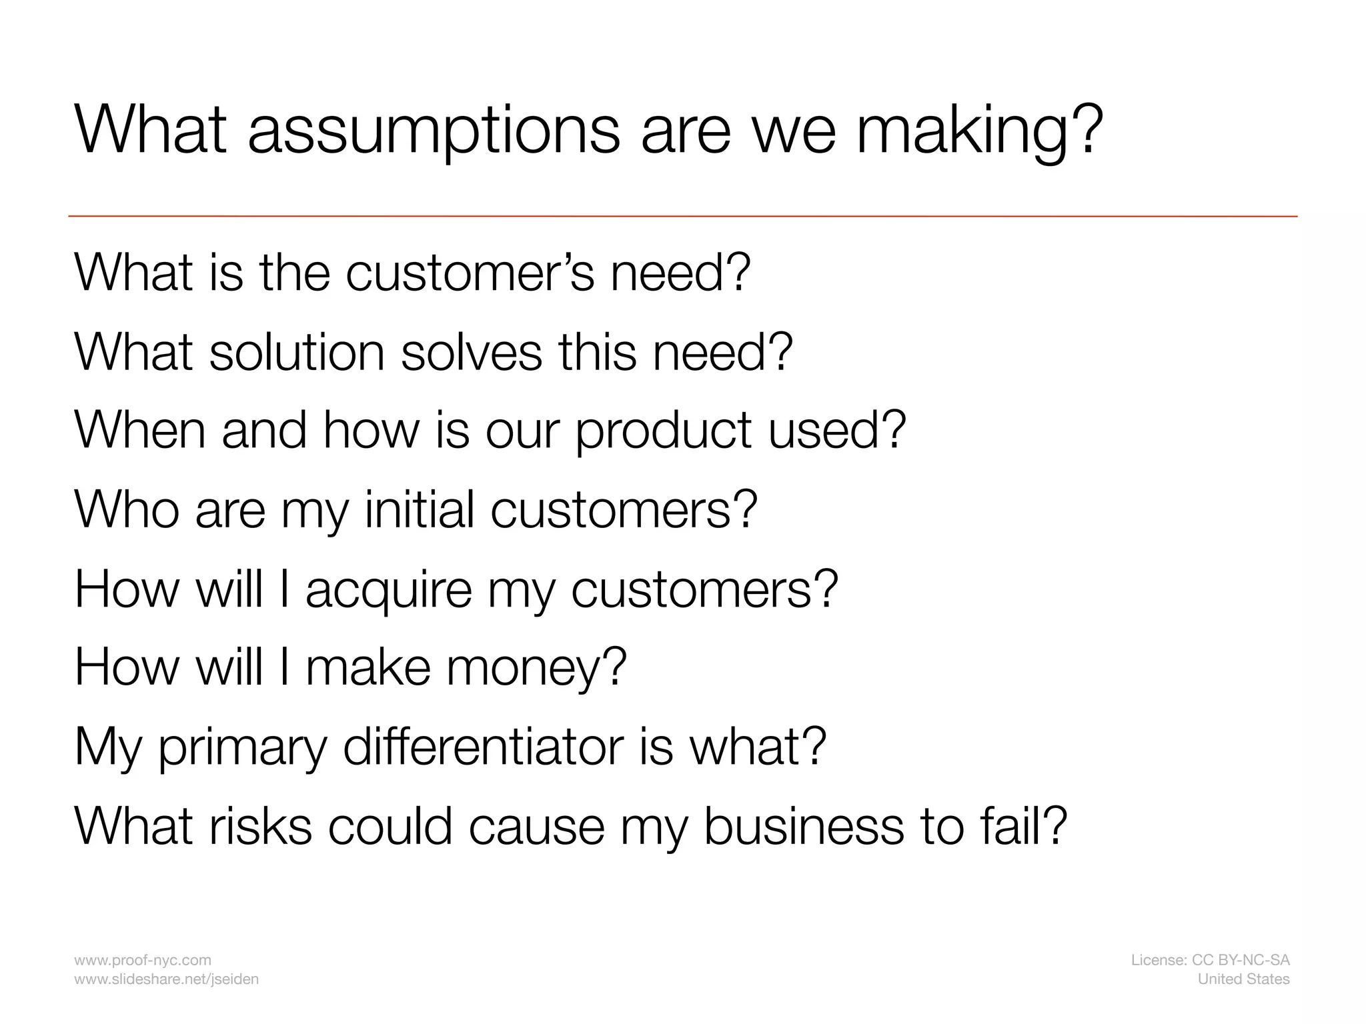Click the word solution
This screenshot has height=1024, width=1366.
pyautogui.click(x=297, y=351)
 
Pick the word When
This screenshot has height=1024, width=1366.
pyautogui.click(x=140, y=430)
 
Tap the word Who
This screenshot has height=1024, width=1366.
pyautogui.click(x=127, y=509)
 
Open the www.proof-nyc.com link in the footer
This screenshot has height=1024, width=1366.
pyautogui.click(x=143, y=960)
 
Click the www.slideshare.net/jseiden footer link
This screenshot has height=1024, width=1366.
pyautogui.click(x=166, y=979)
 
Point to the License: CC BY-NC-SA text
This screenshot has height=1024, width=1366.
pyautogui.click(x=1210, y=960)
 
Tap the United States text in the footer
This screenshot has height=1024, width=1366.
pyautogui.click(x=1243, y=979)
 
